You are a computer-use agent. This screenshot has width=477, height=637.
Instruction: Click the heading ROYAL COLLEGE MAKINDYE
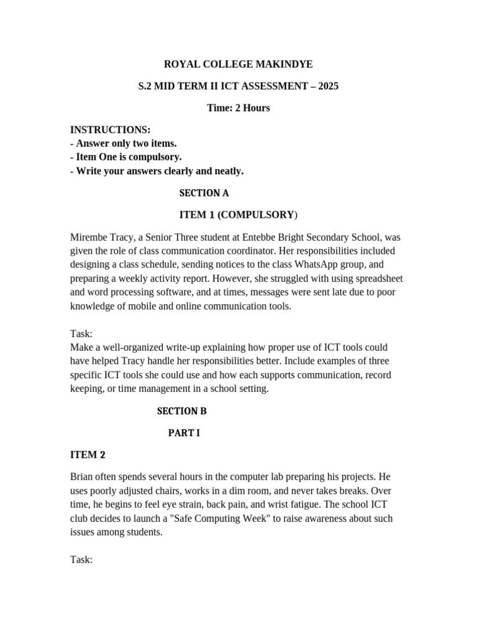coord(238,64)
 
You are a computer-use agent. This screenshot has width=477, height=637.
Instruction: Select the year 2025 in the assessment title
coord(328,86)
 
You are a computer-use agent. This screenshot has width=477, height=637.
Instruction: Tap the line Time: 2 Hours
coord(238,108)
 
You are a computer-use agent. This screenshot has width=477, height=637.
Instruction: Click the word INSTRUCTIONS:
coord(110,129)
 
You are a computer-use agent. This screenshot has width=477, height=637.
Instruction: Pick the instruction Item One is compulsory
coord(126,157)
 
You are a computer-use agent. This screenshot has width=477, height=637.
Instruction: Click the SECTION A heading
coord(204,193)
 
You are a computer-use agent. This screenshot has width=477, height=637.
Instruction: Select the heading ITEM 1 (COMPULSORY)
coord(238,215)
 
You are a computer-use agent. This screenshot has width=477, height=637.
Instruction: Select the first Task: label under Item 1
coord(81,333)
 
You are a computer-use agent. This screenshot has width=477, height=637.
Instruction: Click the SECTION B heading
coord(181,411)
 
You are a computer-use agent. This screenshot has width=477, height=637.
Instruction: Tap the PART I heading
coord(184,433)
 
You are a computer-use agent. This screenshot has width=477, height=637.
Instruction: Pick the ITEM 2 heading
coord(88,455)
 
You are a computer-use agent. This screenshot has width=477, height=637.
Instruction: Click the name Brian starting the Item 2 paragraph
coord(83,477)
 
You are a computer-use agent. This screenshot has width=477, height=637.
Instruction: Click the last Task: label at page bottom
coord(81,559)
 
